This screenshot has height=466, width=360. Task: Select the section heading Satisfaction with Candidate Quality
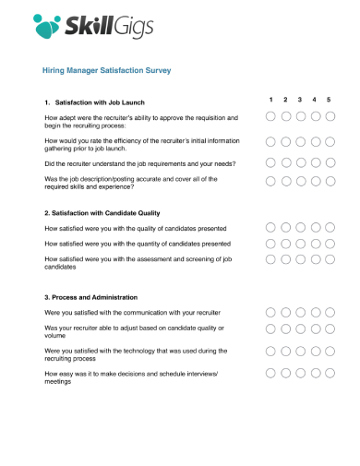tap(108, 212)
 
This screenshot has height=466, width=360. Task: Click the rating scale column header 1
tap(270, 100)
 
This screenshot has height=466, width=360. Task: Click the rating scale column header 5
tap(330, 100)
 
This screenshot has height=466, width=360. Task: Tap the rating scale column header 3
tap(300, 100)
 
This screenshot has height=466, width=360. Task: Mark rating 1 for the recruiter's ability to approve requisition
tap(270, 117)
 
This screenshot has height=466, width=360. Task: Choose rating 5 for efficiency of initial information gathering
tap(330, 142)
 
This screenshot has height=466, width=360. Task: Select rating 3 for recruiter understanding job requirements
tap(300, 162)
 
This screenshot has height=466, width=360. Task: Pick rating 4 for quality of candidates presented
tap(315, 227)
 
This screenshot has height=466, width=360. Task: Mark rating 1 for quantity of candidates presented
tap(270, 244)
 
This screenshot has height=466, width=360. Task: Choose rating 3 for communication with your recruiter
tap(300, 313)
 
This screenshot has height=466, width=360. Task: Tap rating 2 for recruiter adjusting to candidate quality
tap(285, 329)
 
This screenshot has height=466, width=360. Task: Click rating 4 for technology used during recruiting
tap(315, 352)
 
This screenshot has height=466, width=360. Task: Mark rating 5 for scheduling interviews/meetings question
tap(330, 374)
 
